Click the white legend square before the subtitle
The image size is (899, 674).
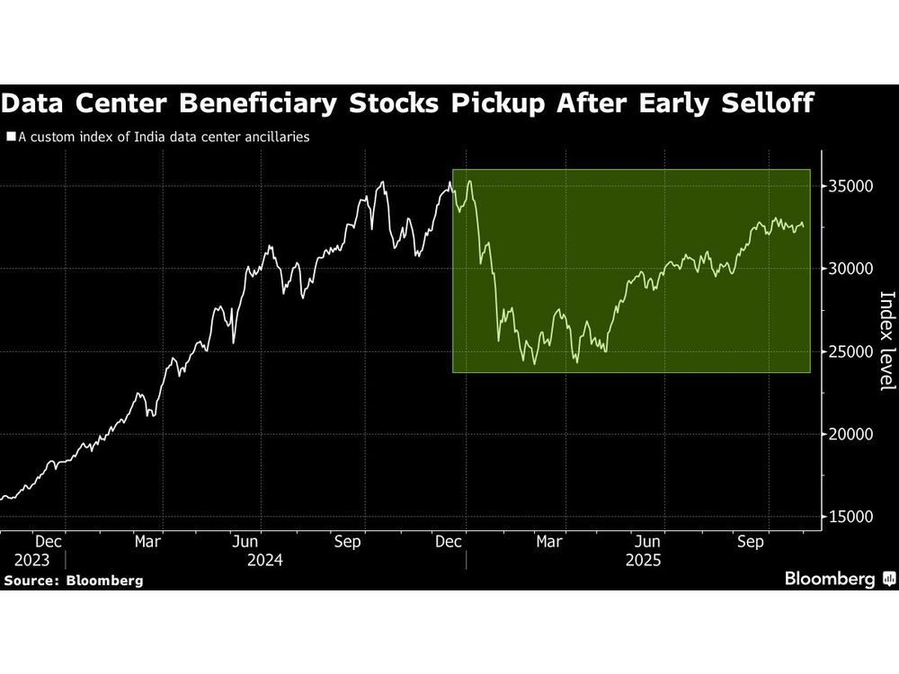[x=11, y=138]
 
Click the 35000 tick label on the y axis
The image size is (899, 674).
[x=847, y=187]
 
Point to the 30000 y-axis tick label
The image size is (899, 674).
[x=847, y=270]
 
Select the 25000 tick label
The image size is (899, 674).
[x=847, y=352]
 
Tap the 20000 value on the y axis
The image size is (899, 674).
[x=847, y=435]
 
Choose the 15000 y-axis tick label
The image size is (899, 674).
[x=847, y=518]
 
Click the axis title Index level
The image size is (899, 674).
[x=886, y=341]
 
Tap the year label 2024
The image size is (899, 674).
[x=266, y=561]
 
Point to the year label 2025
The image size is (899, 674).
[x=643, y=561]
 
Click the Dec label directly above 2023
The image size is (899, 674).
[x=48, y=542]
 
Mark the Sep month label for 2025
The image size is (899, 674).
[x=751, y=542]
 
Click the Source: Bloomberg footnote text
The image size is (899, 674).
[x=73, y=581]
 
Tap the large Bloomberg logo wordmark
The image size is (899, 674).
[x=830, y=579]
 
